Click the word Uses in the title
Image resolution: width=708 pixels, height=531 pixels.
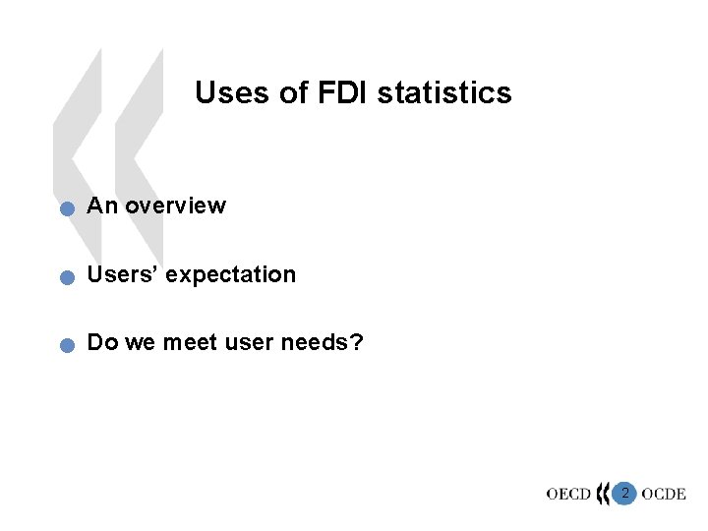coord(225,93)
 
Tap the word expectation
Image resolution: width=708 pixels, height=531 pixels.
coord(231,275)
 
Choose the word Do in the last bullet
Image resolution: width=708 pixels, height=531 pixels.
coord(100,344)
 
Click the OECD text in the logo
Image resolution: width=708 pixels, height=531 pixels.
coord(568,494)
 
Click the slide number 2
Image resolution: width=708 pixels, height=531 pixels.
coord(624,492)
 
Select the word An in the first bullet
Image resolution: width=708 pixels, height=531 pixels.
coord(101,206)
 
